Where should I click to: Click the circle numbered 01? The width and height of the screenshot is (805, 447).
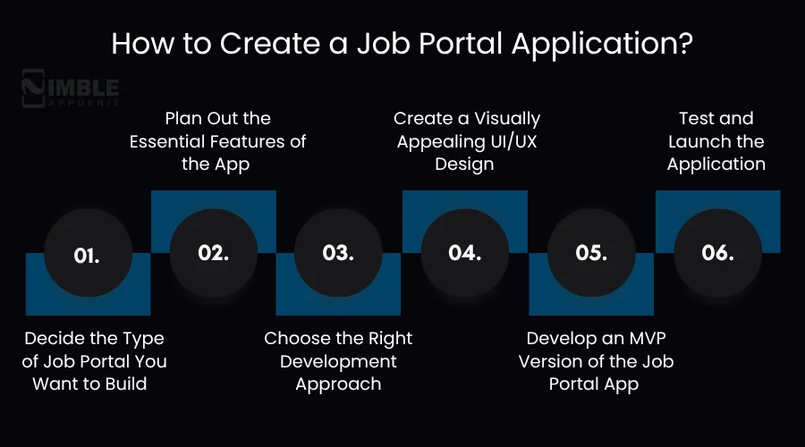pos(87,256)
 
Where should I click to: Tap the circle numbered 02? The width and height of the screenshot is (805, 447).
pos(214,252)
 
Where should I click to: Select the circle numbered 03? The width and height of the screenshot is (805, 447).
pos(339,254)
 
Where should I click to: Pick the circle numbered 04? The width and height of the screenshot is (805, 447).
pos(465,254)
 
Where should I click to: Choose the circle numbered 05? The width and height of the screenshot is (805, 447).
pos(591,254)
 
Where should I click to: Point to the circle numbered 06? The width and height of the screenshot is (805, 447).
pos(717,253)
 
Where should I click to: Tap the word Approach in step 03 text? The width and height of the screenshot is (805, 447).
pos(338,384)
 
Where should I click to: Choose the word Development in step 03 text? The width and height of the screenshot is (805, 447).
pos(338,362)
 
